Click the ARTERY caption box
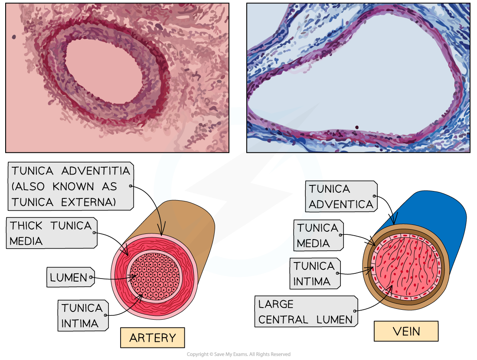click(152, 338)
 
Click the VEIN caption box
click(406, 332)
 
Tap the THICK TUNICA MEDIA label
click(51, 233)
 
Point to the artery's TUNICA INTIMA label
click(83, 316)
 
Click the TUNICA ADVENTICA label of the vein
click(341, 196)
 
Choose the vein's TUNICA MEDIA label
click(318, 236)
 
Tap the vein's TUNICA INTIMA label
click(314, 274)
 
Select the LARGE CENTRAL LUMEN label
click(306, 312)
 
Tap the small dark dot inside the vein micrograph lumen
click(356, 127)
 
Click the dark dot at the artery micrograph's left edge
click(14, 37)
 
